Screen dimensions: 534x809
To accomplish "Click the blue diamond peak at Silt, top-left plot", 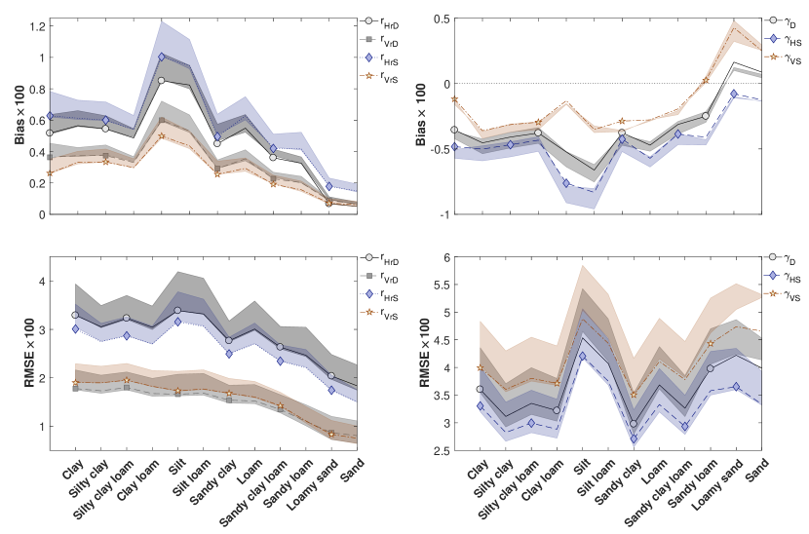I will click(162, 57).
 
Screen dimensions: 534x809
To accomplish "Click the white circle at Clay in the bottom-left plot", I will click(76, 315).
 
